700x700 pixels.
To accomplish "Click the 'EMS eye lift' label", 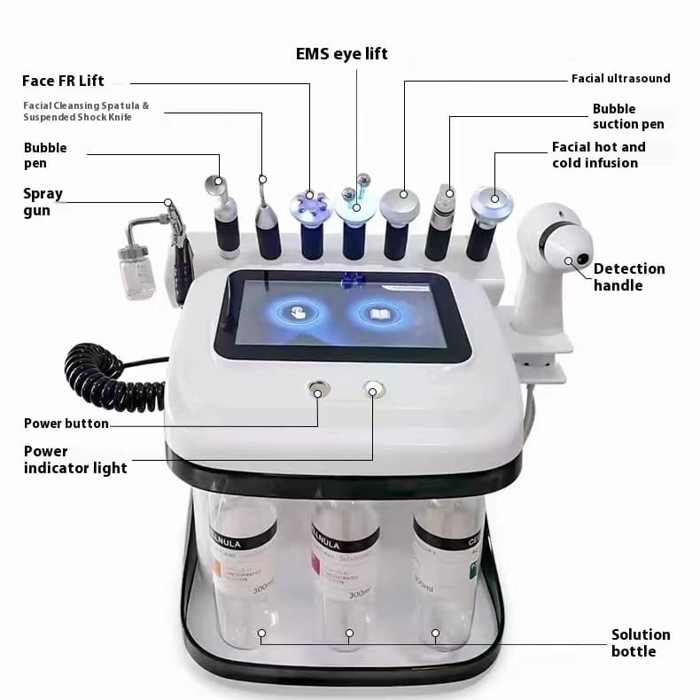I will click(x=341, y=54).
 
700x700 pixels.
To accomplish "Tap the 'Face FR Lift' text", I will click(x=63, y=81).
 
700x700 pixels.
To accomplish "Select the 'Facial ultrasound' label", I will click(x=620, y=79).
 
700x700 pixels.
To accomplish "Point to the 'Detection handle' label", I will click(x=629, y=276).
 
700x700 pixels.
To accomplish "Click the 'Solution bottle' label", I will click(x=641, y=642).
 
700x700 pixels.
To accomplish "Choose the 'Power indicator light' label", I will click(x=75, y=459).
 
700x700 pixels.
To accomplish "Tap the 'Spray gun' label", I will click(x=43, y=202).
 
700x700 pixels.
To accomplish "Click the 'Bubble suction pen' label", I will click(x=628, y=116).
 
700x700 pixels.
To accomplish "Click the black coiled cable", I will click(x=111, y=377).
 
